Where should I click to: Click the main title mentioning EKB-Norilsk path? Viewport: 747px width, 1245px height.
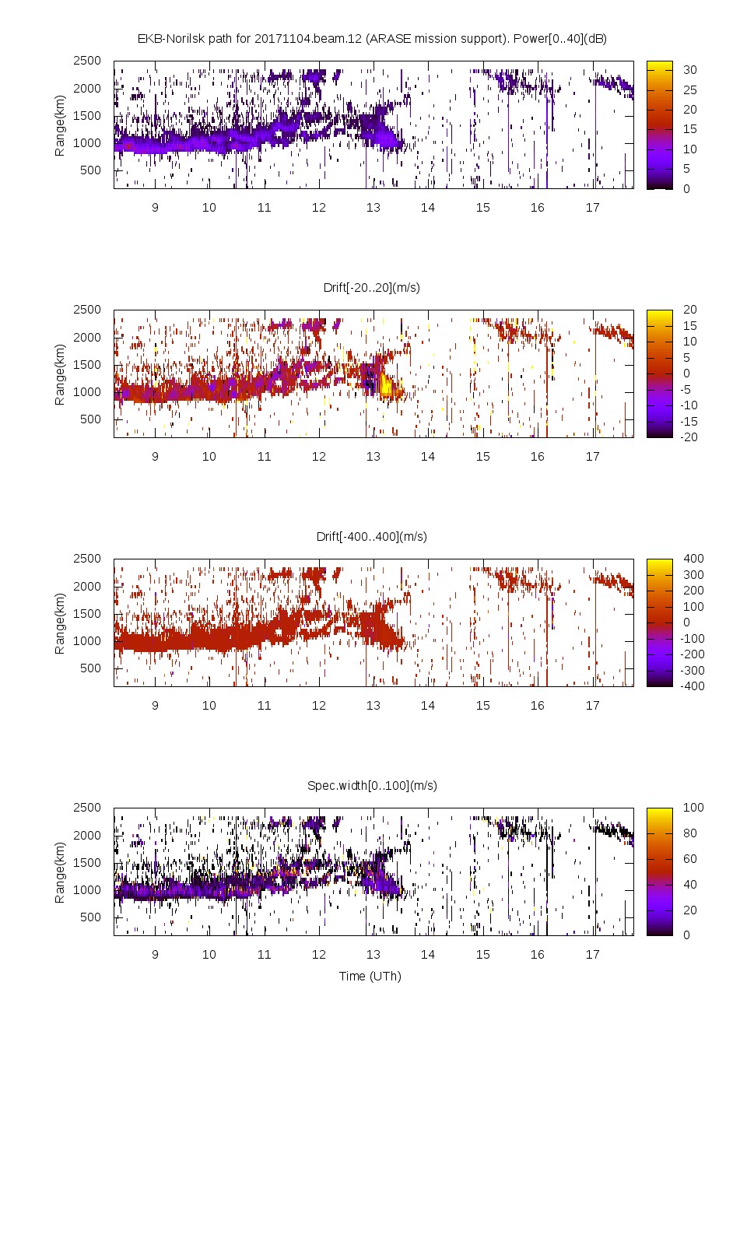click(x=372, y=38)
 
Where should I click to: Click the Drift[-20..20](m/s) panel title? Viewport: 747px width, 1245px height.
click(x=371, y=287)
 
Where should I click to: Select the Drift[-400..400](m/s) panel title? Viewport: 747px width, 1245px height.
click(x=371, y=536)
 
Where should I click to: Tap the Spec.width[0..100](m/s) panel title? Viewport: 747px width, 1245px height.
click(x=372, y=785)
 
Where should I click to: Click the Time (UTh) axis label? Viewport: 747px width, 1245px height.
click(x=370, y=976)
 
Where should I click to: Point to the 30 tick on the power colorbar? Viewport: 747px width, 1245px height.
click(x=689, y=70)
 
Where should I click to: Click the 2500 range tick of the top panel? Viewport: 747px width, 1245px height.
click(x=87, y=61)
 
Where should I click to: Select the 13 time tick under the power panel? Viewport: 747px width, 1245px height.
click(x=373, y=208)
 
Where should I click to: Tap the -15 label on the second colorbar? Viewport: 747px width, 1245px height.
click(x=689, y=421)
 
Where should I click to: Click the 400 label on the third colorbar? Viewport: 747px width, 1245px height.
click(x=693, y=559)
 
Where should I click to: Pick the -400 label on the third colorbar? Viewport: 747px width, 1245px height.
click(x=691, y=686)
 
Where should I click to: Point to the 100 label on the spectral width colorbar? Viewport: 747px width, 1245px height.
click(x=693, y=808)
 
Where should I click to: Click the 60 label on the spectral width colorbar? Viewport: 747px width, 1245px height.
click(x=689, y=858)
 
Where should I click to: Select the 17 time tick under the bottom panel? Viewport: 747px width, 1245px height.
click(x=592, y=955)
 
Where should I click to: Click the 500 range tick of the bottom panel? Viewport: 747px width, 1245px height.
click(x=90, y=917)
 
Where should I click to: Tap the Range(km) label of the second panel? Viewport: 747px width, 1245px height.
click(x=59, y=374)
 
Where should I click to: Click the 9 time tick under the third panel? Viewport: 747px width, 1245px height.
click(x=155, y=706)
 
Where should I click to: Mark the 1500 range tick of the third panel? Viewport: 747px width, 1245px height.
click(x=87, y=613)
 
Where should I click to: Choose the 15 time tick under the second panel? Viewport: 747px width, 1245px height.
click(x=482, y=457)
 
